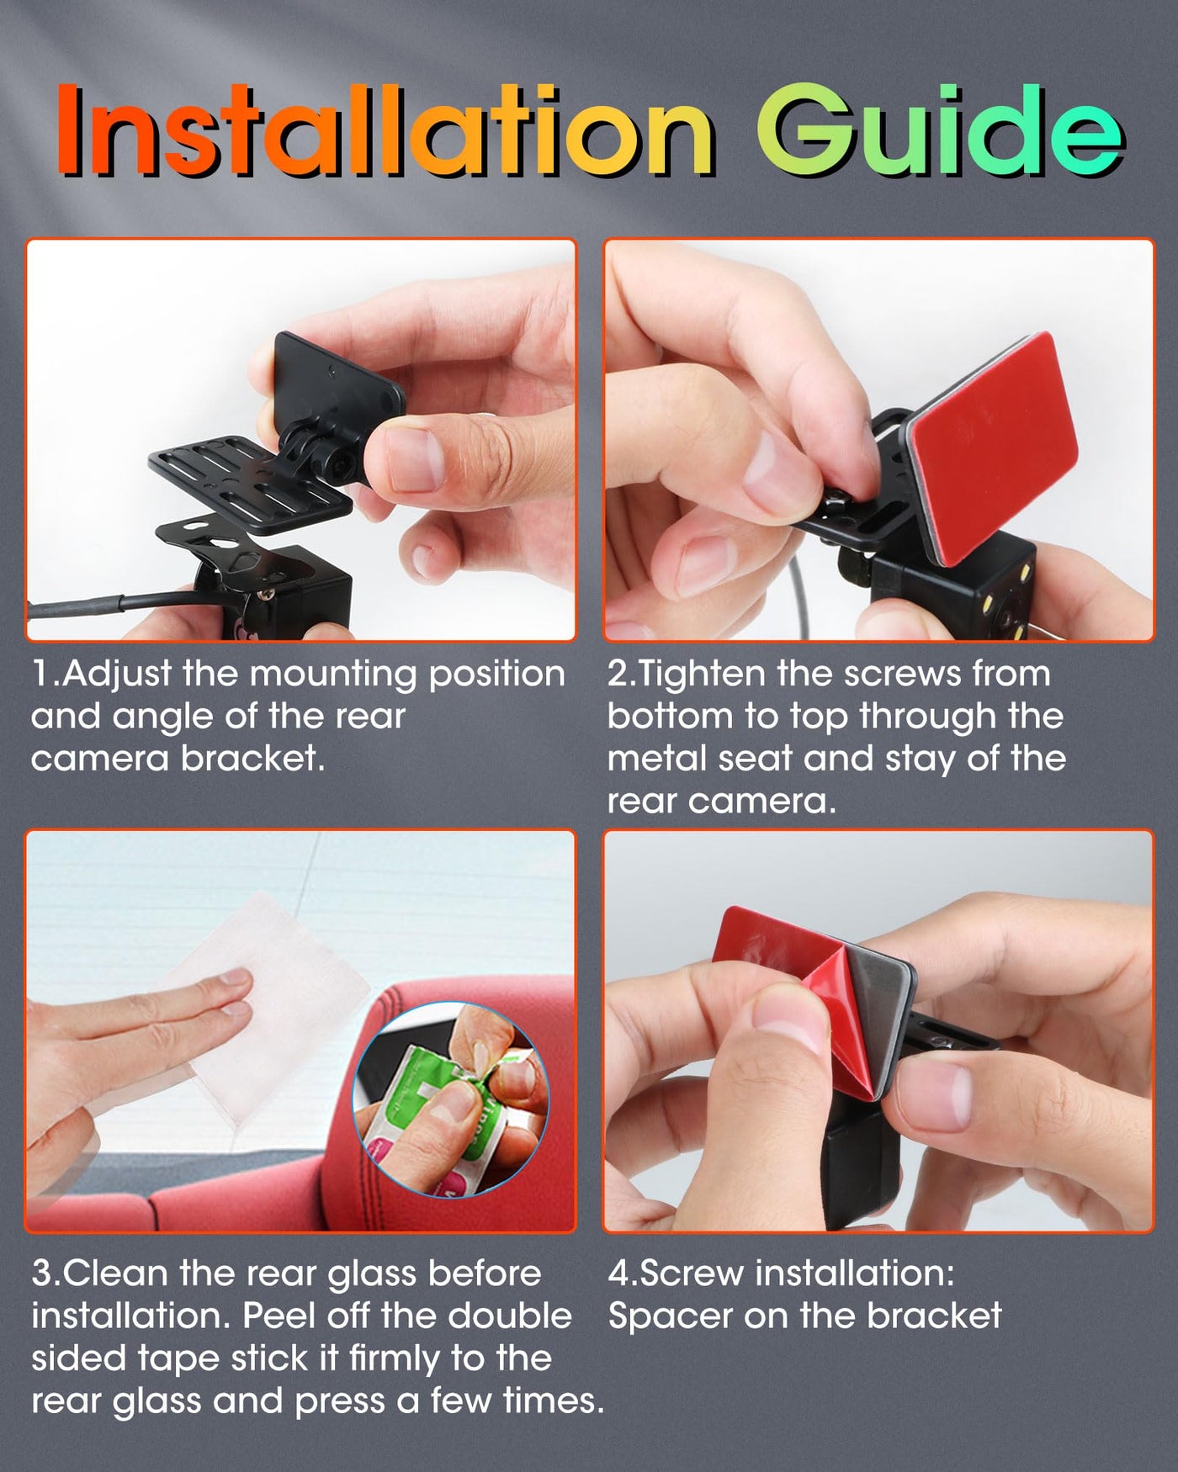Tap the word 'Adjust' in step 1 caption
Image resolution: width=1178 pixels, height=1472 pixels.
click(117, 675)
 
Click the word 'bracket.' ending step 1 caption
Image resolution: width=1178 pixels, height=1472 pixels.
click(253, 759)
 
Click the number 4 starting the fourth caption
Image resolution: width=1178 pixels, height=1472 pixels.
click(618, 1273)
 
